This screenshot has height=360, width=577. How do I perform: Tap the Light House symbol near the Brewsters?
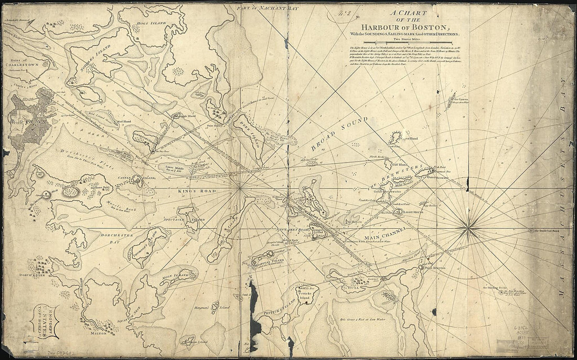coord(398,212)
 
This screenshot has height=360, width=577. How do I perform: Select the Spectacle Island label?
coord(190,218)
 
